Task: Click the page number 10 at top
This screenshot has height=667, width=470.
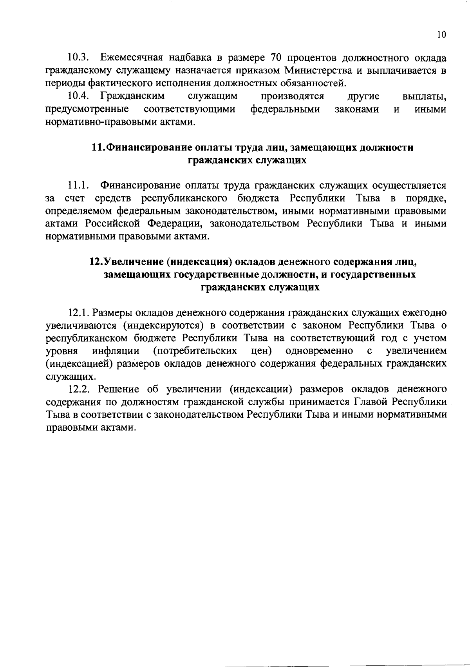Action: (x=441, y=34)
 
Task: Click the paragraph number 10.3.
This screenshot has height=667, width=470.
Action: (x=79, y=58)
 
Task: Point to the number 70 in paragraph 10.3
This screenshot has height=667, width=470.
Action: (x=277, y=58)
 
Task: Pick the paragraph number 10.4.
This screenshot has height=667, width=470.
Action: (x=79, y=96)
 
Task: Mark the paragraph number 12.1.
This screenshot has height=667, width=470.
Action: (x=79, y=313)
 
